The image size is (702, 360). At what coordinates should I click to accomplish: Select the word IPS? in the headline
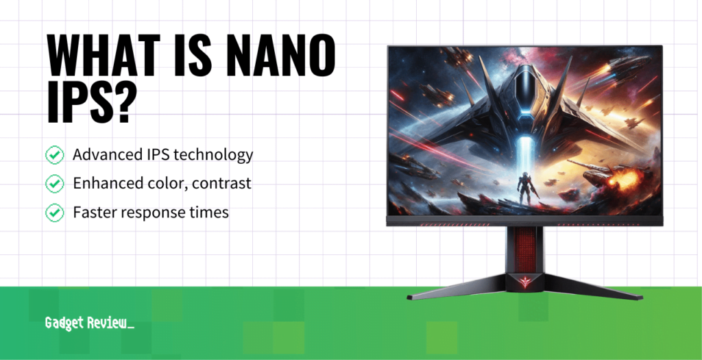pos(88,104)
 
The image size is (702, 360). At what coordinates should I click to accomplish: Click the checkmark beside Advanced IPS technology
pos(54,155)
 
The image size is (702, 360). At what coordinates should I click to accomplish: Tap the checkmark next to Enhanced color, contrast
pos(54,184)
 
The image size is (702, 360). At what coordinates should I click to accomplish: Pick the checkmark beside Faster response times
pos(54,213)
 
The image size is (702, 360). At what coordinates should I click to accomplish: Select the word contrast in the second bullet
pos(222,184)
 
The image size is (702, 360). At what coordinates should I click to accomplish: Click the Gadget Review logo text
pos(89,323)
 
